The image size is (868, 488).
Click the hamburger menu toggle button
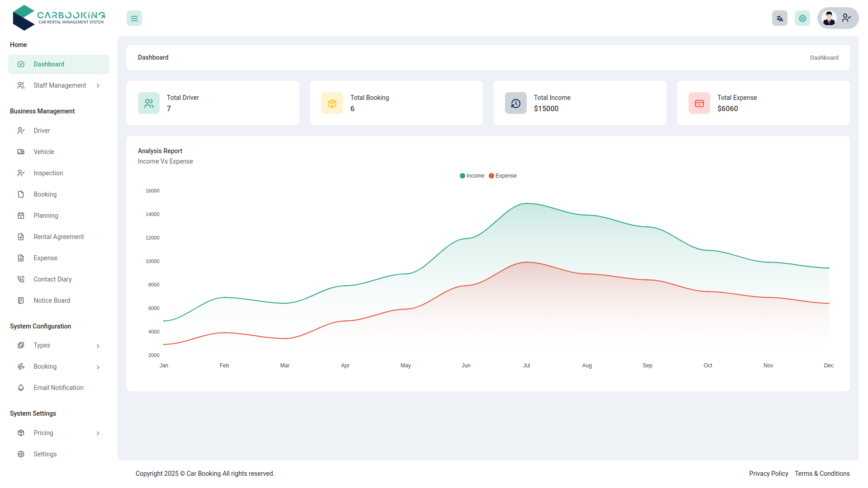pos(134,19)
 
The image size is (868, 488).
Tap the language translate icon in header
pos(780,19)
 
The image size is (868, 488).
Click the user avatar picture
pos(829,19)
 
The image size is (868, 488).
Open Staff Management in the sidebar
pos(60,85)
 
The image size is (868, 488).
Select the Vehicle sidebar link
pos(44,152)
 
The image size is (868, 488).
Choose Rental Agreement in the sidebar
pos(59,237)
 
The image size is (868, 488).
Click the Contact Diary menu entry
pos(52,279)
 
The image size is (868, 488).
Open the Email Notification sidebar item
pos(58,388)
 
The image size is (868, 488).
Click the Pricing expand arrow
pos(98,433)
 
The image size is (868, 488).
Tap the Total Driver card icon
pos(149,103)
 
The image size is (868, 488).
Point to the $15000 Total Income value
pos(546,109)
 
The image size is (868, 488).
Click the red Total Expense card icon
pos(699,103)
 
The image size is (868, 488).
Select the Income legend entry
pos(472,176)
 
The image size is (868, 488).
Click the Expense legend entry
pos(503,176)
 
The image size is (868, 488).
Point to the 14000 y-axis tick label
pos(152,214)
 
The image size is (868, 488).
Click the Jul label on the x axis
pos(527,366)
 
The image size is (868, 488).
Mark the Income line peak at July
pos(527,203)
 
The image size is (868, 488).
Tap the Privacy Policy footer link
pos(769,474)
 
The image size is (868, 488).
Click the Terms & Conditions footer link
pos(822,474)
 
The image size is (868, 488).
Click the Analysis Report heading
pos(160,151)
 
